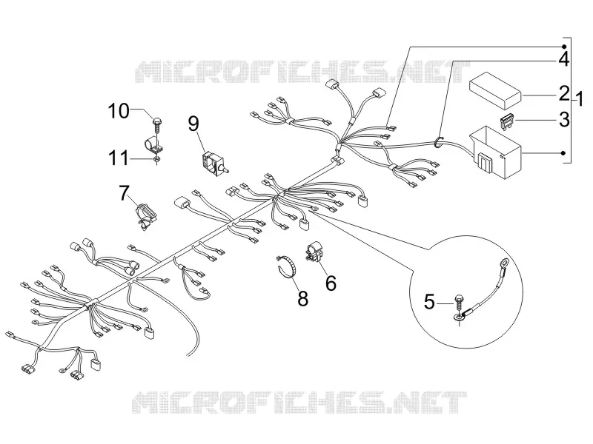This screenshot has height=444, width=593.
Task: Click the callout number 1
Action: click(x=579, y=99)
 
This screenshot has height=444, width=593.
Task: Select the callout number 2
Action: click(x=564, y=94)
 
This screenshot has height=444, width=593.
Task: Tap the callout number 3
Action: click(x=564, y=119)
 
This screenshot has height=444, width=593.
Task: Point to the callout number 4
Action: click(x=564, y=59)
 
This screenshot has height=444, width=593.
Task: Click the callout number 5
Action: click(x=429, y=302)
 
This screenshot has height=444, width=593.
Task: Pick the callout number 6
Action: click(x=331, y=283)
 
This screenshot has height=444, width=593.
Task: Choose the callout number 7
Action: click(x=124, y=193)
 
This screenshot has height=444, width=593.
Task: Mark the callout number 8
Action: click(x=302, y=298)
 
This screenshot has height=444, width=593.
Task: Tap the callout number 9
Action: click(x=193, y=124)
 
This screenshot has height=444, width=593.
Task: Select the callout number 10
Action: click(x=119, y=111)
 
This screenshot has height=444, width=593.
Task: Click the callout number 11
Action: click(x=119, y=158)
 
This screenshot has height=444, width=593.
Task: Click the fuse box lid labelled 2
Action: click(x=495, y=89)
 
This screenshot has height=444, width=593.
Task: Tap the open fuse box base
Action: click(x=495, y=152)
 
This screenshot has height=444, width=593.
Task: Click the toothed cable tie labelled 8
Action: click(x=288, y=265)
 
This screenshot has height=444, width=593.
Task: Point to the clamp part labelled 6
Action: click(x=314, y=252)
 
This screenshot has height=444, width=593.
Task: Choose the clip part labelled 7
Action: click(x=146, y=215)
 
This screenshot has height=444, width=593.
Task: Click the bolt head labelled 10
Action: click(x=156, y=121)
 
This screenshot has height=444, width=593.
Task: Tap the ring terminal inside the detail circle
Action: click(x=505, y=262)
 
